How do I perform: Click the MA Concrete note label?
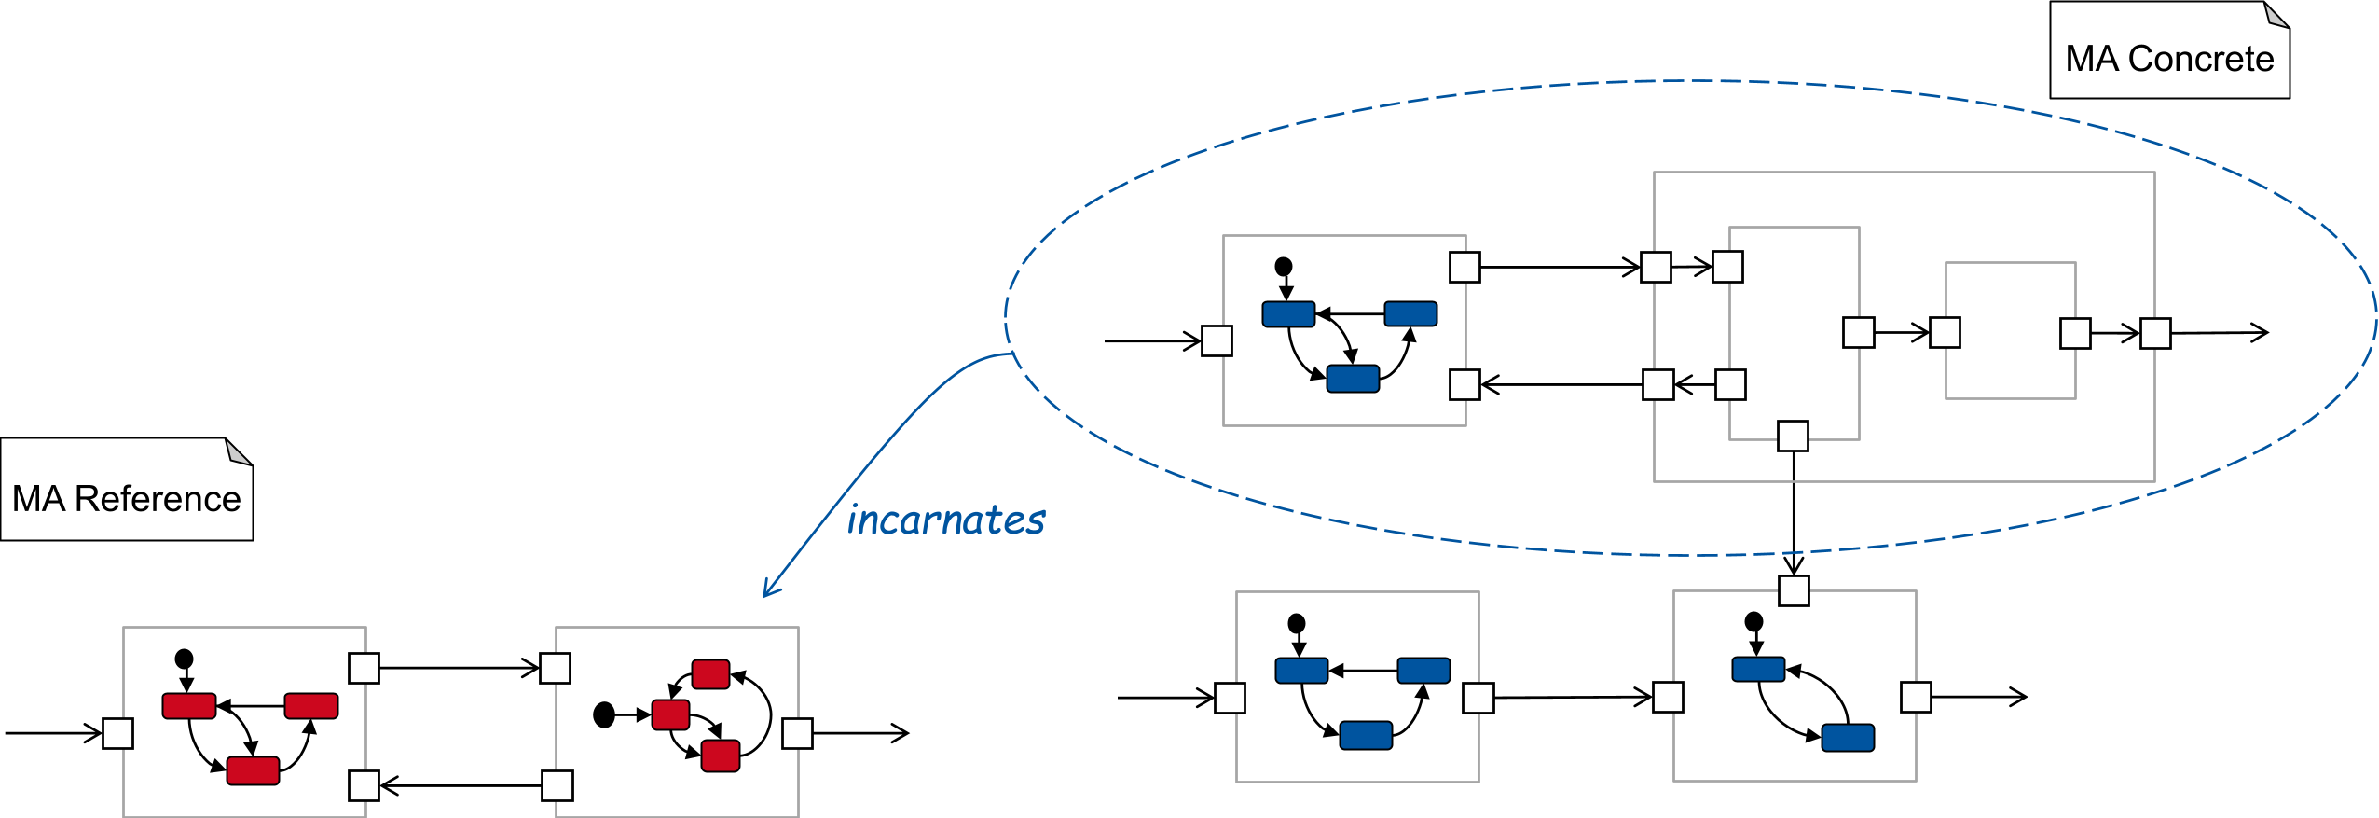tap(2168, 59)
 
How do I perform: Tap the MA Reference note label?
tap(126, 499)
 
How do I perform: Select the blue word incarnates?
tap(945, 520)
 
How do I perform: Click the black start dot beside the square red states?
tap(604, 715)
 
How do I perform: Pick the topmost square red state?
tap(710, 674)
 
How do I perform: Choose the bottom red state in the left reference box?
tap(253, 770)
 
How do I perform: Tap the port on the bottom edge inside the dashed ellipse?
tap(1793, 436)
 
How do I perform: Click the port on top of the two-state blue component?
tap(1794, 590)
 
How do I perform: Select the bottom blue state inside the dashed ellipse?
tap(1352, 379)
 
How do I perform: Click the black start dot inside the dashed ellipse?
tap(1284, 267)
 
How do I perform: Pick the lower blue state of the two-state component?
tap(1848, 738)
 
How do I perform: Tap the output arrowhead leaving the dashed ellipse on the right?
tap(2262, 332)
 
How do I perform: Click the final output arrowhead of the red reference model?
tap(901, 733)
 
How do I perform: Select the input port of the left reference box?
tap(117, 733)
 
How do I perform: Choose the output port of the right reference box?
tap(797, 733)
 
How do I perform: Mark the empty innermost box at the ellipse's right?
tap(2010, 330)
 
